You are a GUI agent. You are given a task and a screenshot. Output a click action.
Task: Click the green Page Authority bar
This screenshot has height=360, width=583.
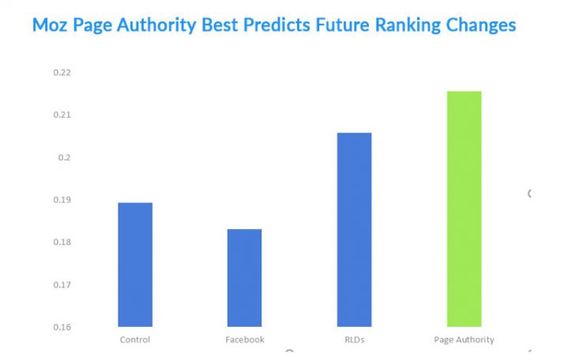click(x=464, y=209)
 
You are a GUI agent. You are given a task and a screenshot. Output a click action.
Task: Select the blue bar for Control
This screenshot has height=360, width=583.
click(x=135, y=264)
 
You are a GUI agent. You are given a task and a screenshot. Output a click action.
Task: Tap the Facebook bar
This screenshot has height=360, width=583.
click(x=244, y=278)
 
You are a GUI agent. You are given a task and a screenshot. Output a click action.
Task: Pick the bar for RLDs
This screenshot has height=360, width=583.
click(x=354, y=230)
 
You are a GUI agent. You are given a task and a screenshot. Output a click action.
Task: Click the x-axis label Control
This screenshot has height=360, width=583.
click(x=135, y=339)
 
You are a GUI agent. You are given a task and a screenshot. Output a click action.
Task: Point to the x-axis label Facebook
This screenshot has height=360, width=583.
click(x=244, y=339)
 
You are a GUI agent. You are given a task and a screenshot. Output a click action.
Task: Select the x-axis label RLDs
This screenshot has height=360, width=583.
click(x=354, y=339)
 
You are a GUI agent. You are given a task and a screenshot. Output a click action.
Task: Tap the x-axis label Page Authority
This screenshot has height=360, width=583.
click(x=464, y=339)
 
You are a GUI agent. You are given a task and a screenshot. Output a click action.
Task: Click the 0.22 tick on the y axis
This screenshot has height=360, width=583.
click(x=62, y=73)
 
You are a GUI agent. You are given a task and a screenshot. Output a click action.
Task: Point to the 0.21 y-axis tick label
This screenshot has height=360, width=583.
click(x=62, y=115)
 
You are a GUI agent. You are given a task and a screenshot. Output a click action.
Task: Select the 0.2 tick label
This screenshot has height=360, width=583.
click(x=63, y=157)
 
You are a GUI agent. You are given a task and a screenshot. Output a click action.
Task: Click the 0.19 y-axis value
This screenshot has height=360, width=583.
click(x=62, y=200)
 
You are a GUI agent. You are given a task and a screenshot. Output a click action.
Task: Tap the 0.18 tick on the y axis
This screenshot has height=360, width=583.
click(x=62, y=242)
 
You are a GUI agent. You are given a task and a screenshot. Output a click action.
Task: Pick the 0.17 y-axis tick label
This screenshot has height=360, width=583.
click(x=62, y=284)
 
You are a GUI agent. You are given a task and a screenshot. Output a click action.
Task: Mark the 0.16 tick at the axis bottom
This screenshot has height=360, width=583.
click(x=62, y=327)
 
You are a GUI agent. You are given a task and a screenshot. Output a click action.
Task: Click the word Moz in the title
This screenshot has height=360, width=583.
click(x=49, y=25)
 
